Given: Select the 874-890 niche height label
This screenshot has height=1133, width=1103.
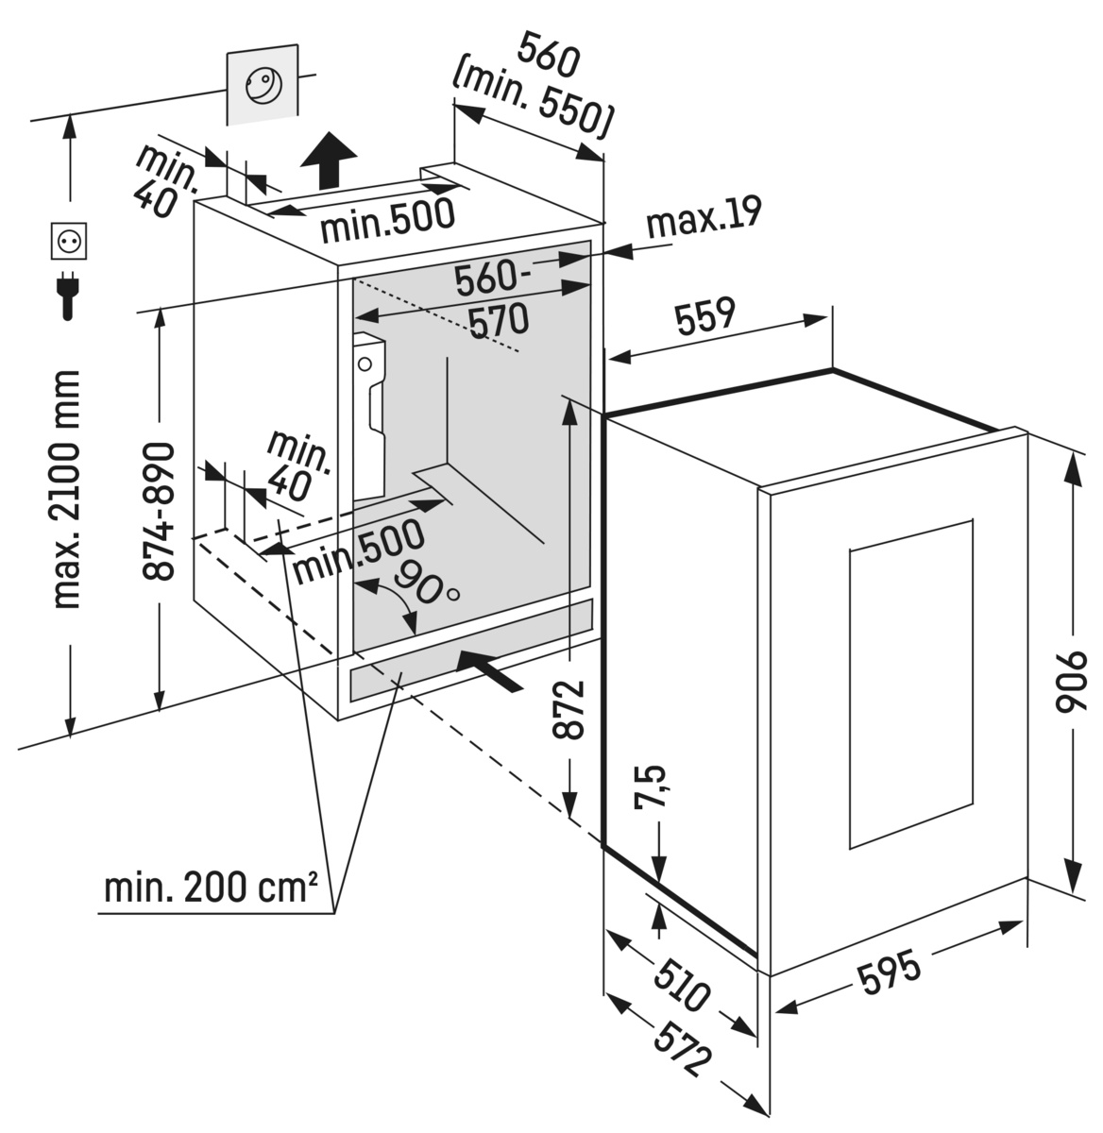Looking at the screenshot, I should coord(161,510).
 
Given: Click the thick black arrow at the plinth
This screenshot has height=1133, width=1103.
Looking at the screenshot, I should coord(486,669).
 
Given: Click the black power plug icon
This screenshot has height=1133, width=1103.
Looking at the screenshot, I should coord(68,295).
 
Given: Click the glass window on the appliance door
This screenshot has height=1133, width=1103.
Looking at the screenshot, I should coord(910,685).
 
